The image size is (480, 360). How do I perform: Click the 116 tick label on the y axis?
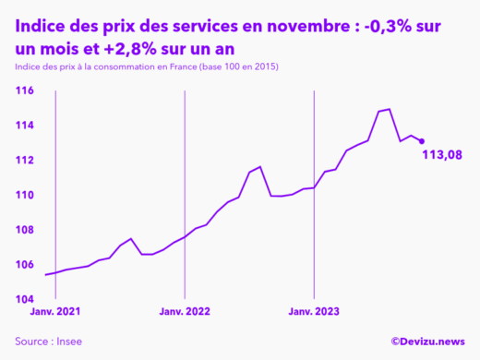(25, 90)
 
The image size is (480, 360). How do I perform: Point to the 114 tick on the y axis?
(25, 126)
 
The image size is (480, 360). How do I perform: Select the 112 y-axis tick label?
(25, 161)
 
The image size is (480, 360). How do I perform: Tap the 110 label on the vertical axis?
(25, 196)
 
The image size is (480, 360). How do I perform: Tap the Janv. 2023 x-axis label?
(315, 313)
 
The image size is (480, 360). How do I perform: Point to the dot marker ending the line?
(422, 141)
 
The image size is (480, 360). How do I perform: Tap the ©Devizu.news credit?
(427, 342)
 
